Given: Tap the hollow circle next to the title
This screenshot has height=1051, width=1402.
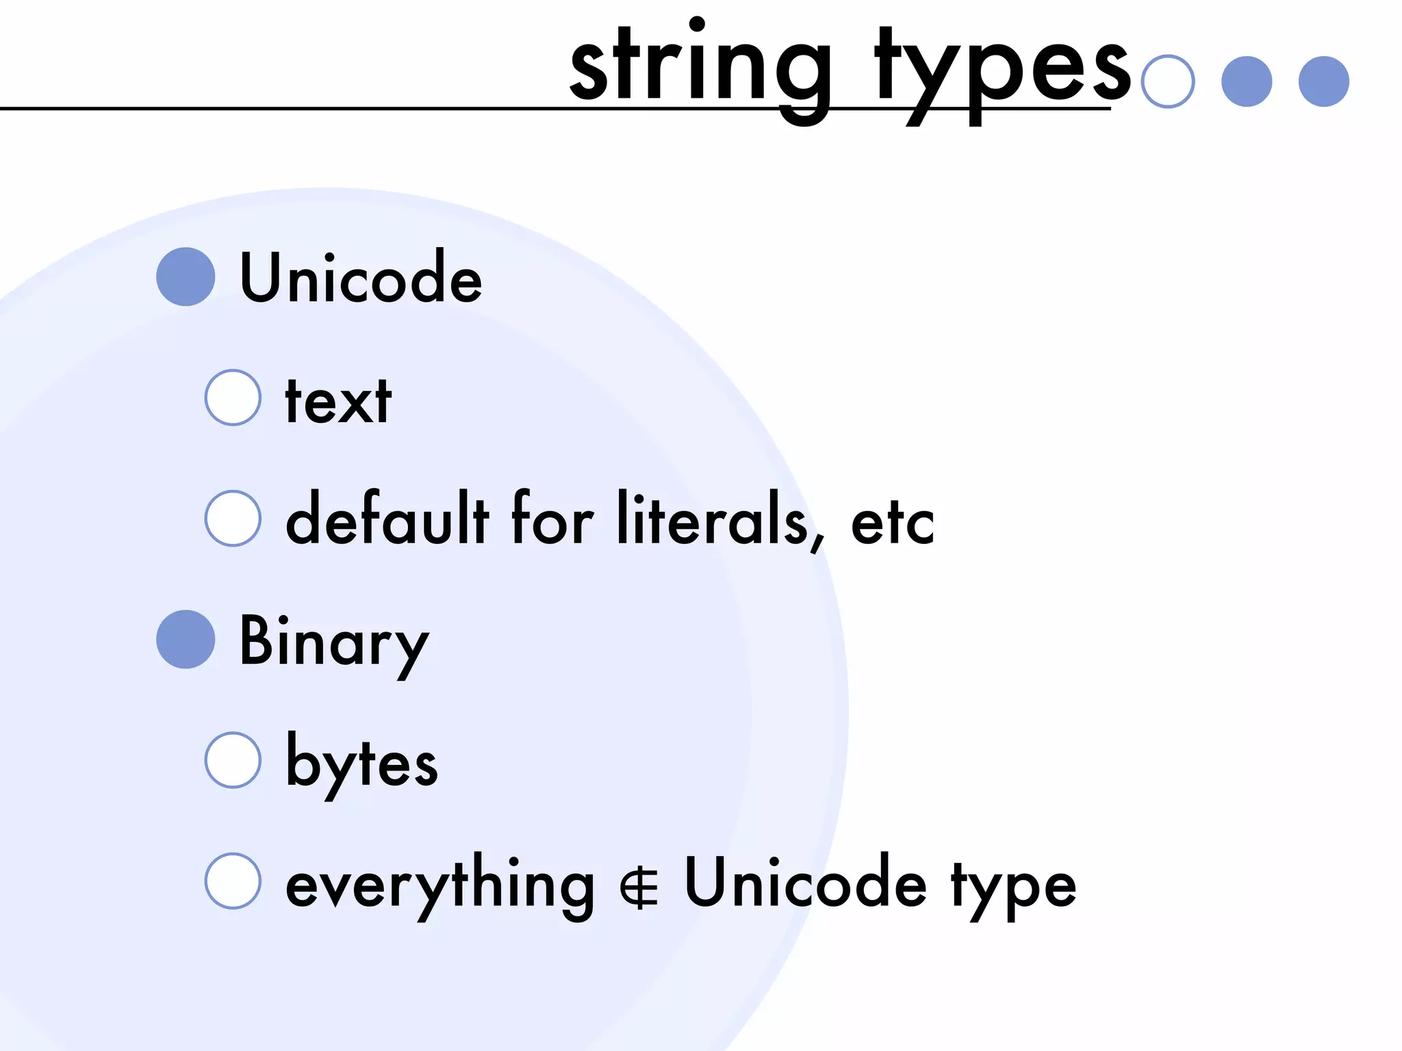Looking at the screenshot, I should point(1168,81).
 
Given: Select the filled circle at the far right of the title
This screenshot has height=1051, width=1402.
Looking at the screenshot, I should point(1323,81).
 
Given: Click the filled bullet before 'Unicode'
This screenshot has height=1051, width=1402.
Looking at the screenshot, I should point(186,276).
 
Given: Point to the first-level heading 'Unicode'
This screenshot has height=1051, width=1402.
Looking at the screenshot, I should point(361,277).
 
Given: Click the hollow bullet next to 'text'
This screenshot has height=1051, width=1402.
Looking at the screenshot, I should point(233,398).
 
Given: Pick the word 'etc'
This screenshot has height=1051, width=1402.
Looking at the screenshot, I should point(892,523).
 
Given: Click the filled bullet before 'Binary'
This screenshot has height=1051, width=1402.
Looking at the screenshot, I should point(186,639).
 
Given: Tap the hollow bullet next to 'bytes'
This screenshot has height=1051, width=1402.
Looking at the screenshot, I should point(233,760).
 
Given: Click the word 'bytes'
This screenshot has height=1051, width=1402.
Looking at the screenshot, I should point(361,763).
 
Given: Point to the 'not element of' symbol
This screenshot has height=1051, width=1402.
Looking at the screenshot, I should point(639,888).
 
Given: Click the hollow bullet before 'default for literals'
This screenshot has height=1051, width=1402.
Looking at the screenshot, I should point(233,518).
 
